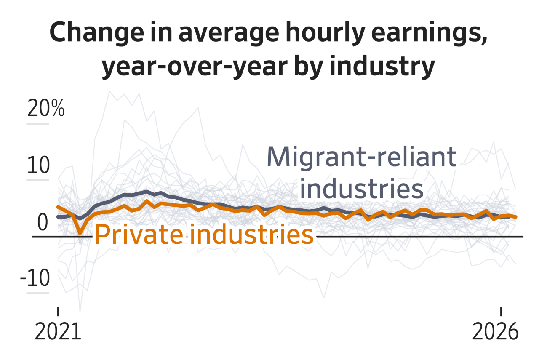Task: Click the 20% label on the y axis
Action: tap(46, 109)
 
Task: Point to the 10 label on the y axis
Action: tap(38, 166)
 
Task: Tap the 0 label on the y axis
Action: tap(43, 223)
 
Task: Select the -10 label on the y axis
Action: tap(35, 279)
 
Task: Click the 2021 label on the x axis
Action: tap(58, 332)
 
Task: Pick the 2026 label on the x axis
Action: tap(495, 332)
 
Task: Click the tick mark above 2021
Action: tap(58, 311)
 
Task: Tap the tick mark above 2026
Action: tap(501, 311)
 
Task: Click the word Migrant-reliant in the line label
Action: tap(361, 157)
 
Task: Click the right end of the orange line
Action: tap(516, 217)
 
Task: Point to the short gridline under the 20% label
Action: tap(38, 124)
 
